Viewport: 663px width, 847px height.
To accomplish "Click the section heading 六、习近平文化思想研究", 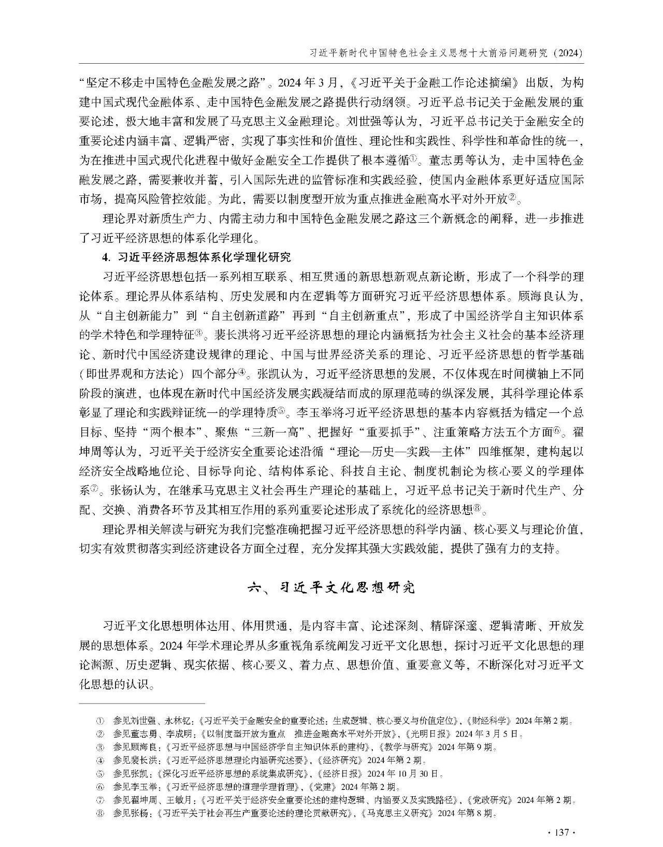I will click(x=331, y=587).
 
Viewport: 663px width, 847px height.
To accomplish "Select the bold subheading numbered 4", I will click(x=196, y=257).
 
